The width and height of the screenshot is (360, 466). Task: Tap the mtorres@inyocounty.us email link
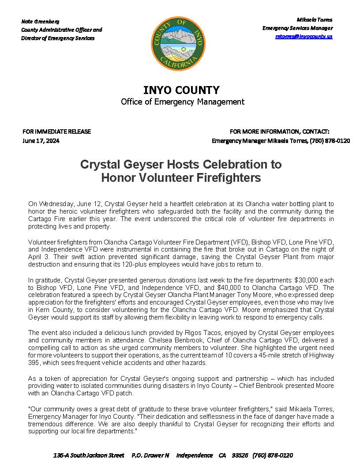304,36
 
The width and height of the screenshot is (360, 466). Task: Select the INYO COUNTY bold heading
181,90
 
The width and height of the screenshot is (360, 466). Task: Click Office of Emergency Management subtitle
183,102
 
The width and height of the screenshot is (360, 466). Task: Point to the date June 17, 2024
41,141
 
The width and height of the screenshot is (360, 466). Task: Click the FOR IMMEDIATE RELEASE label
56,132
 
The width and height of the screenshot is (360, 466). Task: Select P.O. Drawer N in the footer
150,455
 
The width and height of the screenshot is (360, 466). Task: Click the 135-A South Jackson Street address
89,455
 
